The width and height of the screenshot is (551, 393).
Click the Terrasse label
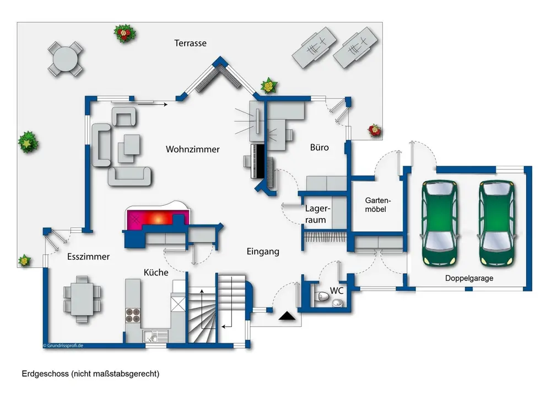(191, 43)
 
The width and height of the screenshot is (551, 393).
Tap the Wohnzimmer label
(193, 149)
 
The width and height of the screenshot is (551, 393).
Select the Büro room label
(319, 147)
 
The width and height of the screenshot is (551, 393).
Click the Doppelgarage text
(469, 278)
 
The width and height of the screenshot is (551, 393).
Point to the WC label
(337, 290)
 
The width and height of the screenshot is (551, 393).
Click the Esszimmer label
(88, 257)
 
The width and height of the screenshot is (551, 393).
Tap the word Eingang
(263, 252)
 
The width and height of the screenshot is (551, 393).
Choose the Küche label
(156, 272)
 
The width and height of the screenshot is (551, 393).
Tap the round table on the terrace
(64, 58)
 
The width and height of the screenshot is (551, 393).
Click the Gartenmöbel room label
(377, 205)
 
